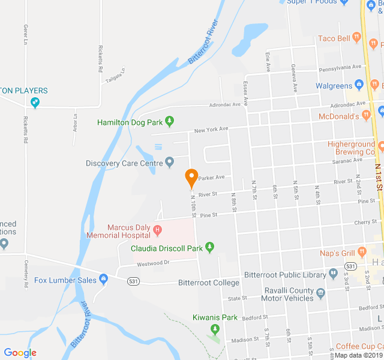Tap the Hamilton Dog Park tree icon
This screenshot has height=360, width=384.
tap(170, 122)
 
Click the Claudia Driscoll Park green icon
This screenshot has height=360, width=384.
tap(209, 247)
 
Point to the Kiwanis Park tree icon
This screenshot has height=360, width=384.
tap(215, 329)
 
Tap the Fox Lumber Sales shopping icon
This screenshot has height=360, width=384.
tap(104, 279)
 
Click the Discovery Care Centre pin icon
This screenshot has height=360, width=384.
tap(170, 161)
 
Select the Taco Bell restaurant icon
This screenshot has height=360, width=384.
tap(357, 38)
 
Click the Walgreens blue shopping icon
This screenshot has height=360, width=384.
tap(359, 85)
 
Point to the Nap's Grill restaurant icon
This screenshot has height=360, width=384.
tap(361, 251)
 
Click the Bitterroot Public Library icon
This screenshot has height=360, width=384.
tap(334, 275)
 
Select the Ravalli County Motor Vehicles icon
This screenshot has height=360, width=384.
tap(320, 293)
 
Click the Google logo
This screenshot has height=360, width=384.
tap(20, 353)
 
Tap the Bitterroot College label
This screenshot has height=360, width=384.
tap(209, 282)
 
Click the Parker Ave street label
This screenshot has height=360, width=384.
tap(211, 178)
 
